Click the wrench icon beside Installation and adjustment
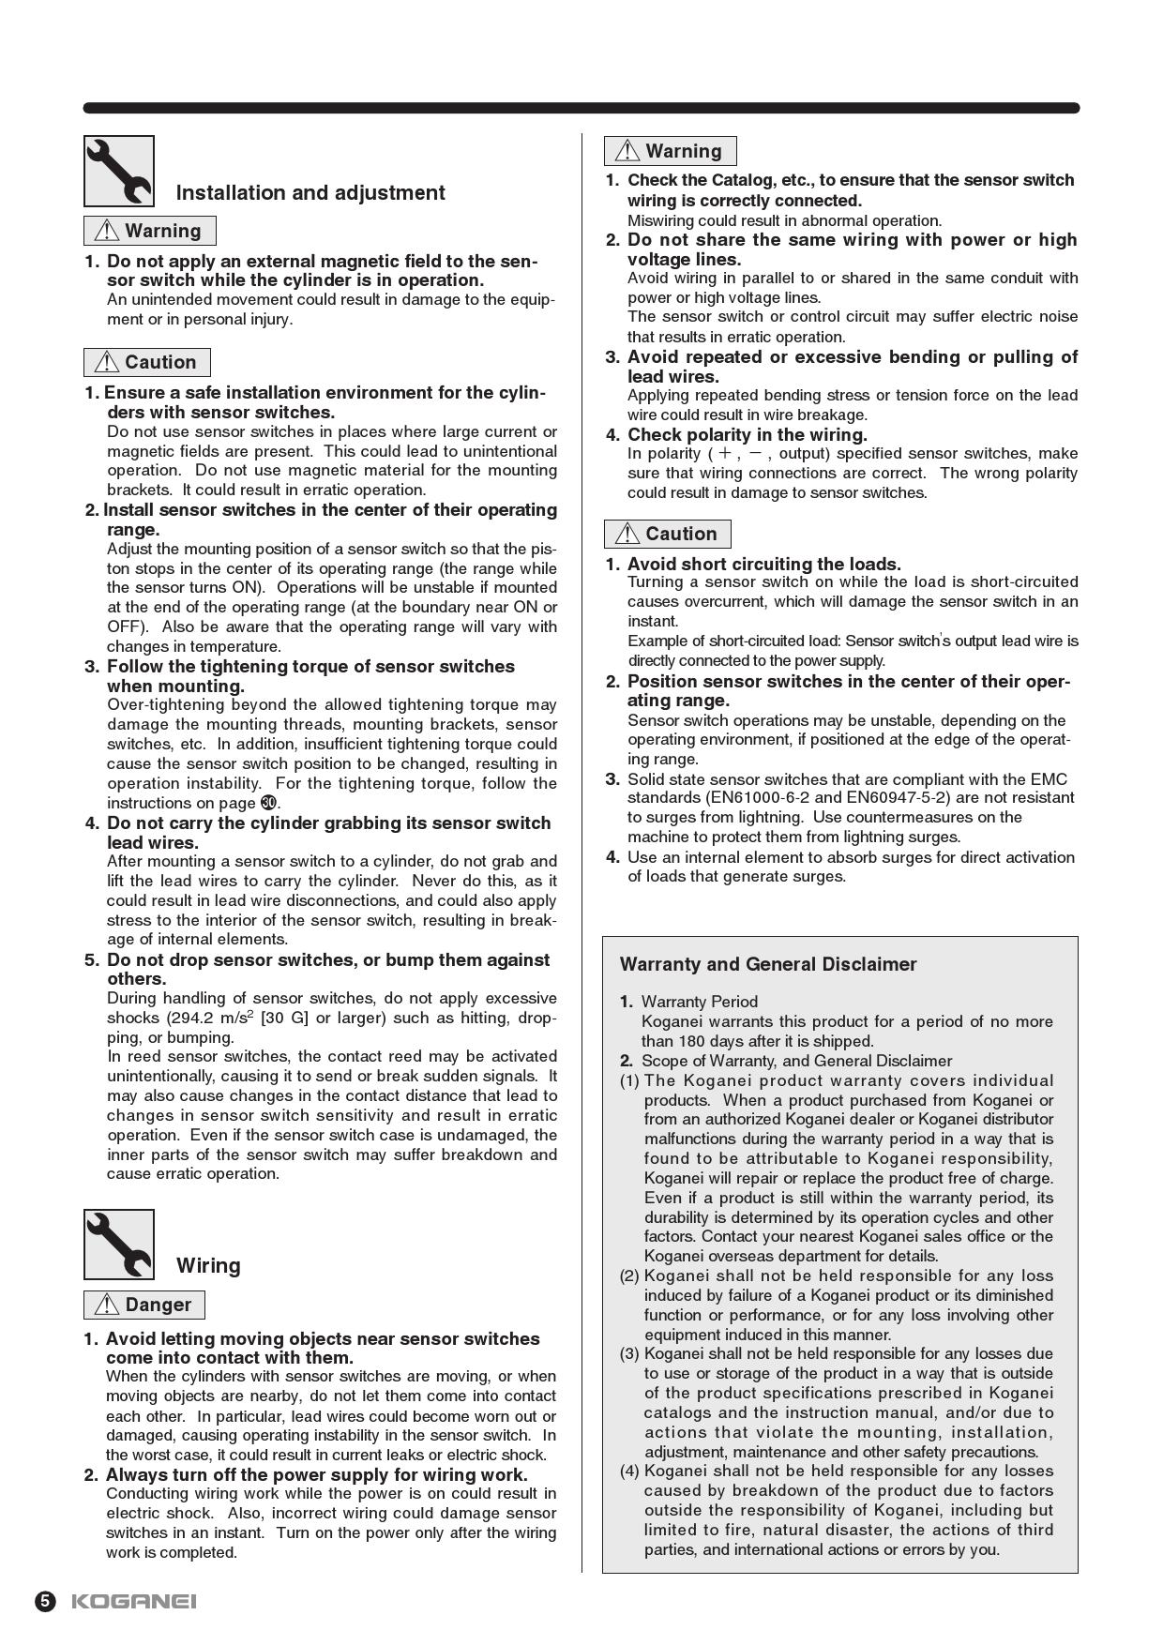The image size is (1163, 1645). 119,171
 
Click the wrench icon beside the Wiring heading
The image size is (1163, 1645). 119,1244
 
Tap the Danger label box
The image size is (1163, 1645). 144,1305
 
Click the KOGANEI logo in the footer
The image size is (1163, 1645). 134,1601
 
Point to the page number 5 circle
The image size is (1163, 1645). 46,1601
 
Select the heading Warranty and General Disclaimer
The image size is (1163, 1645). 768,964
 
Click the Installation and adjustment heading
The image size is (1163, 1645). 310,193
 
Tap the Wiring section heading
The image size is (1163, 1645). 208,1266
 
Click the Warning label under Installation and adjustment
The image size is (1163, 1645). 150,231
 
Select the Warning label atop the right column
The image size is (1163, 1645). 671,151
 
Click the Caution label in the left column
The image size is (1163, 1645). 147,362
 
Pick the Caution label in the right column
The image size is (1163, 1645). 668,534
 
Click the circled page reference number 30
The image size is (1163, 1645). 269,803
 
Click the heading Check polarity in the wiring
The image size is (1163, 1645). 748,434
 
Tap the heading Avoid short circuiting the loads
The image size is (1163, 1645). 764,564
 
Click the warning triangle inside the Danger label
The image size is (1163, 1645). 107,1305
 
